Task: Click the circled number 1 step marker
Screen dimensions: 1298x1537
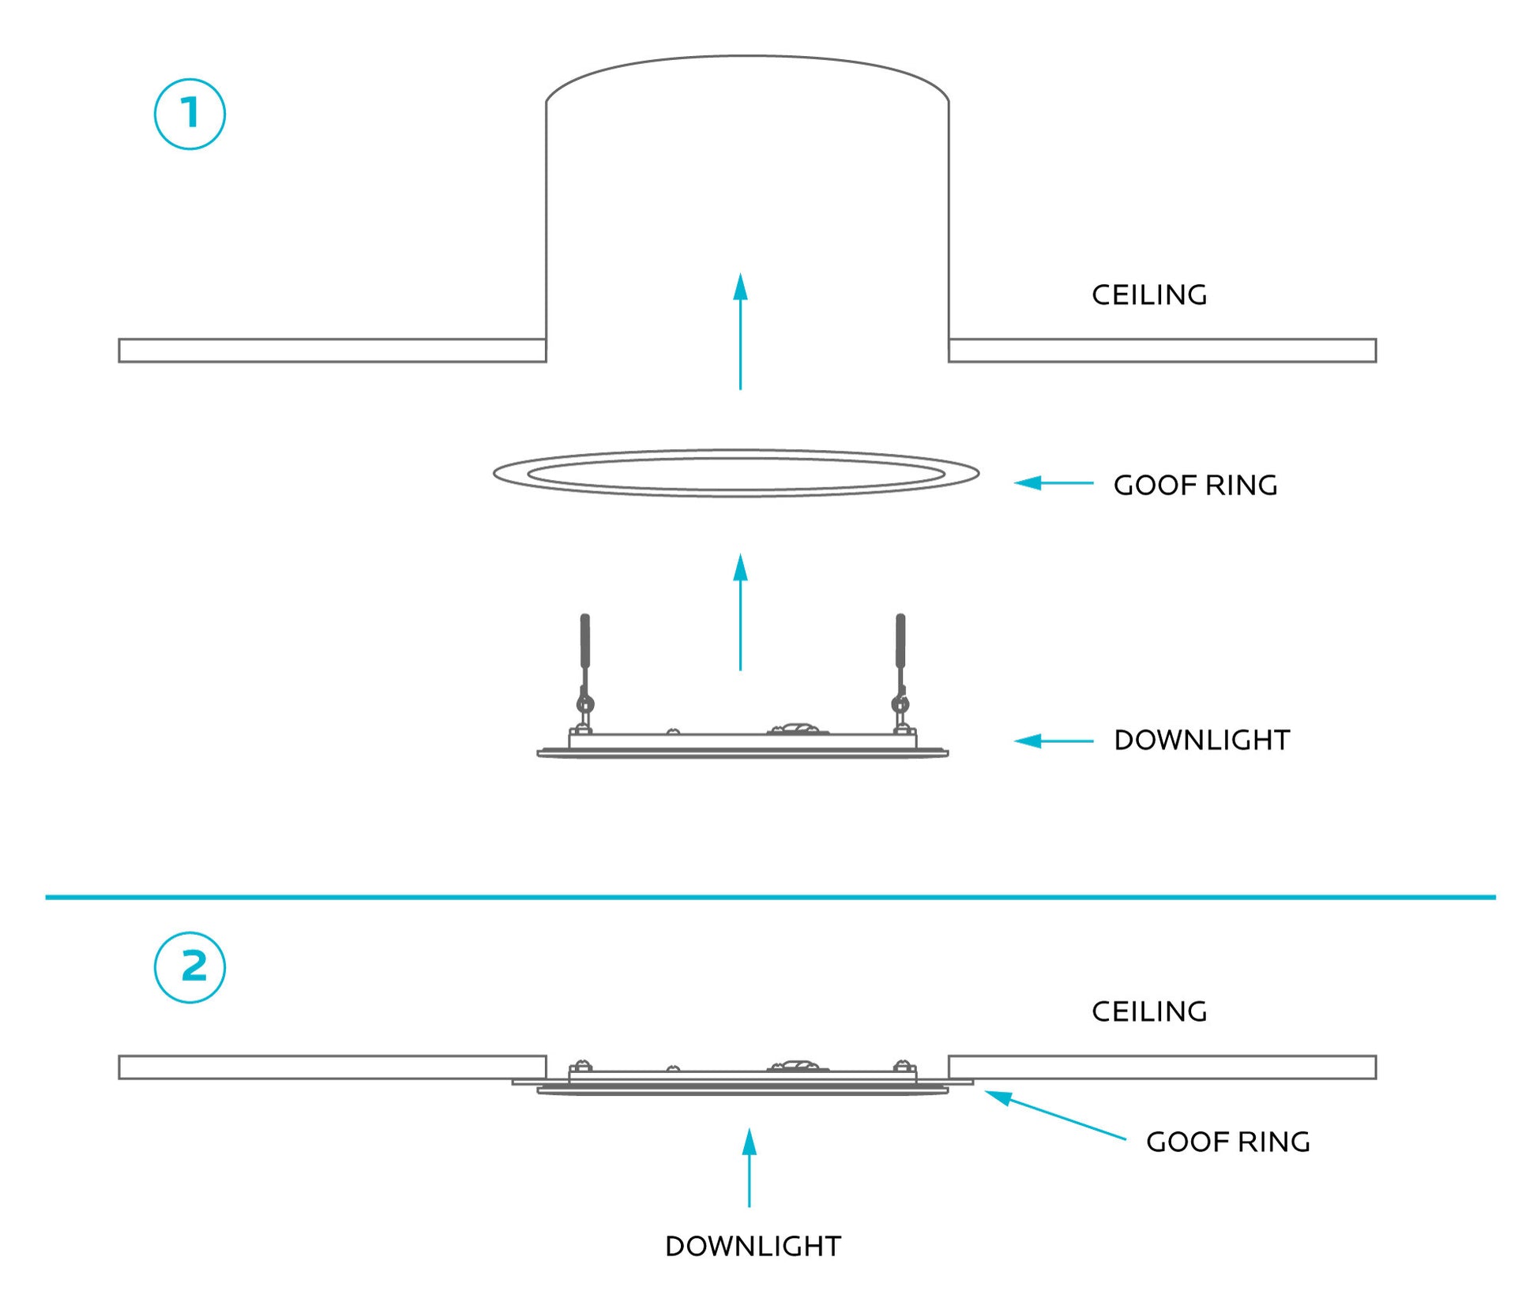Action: pos(190,114)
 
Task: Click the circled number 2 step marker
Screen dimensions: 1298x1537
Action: pos(190,967)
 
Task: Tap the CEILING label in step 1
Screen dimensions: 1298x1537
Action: pos(1148,295)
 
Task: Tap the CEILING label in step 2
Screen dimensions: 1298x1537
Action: pos(1148,1011)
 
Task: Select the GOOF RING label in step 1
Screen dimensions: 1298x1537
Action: pos(1194,486)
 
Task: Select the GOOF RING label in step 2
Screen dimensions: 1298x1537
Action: pos(1227,1142)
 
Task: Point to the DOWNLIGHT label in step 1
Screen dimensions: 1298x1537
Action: pos(1201,741)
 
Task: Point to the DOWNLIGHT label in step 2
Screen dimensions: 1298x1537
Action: pos(753,1247)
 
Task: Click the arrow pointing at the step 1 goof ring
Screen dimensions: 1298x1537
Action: pos(1053,482)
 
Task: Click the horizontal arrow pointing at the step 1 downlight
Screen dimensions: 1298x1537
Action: pos(1053,741)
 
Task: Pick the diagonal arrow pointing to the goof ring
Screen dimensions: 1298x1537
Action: pos(1054,1115)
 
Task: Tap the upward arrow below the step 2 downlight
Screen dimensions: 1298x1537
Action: pos(749,1168)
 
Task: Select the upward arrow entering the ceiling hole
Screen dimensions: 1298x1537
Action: pos(740,332)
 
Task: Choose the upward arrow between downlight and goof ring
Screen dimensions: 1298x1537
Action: pos(740,612)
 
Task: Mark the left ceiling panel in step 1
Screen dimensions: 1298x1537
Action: pos(332,351)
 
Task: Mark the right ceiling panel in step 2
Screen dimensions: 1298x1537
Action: pos(1162,1067)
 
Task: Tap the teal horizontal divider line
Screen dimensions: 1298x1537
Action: pos(770,897)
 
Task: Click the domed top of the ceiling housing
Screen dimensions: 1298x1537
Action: pos(746,59)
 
